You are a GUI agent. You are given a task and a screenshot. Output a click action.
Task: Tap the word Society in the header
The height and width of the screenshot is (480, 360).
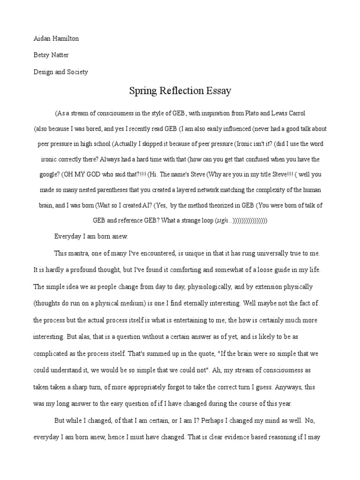point(76,72)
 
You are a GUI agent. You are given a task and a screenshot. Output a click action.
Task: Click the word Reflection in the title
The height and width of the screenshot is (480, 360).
point(179,91)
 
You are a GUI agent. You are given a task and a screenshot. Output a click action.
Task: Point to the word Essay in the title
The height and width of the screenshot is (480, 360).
point(218,91)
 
